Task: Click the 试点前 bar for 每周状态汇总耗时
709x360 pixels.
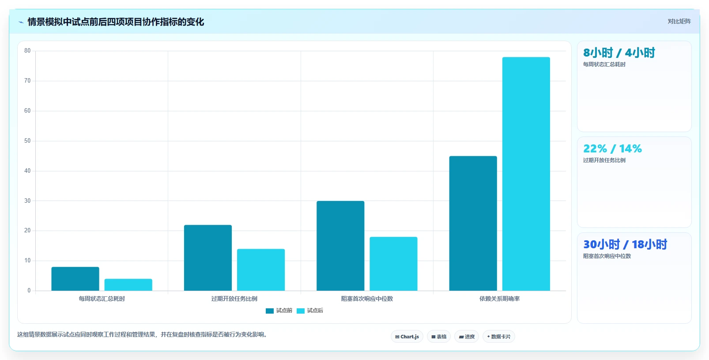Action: click(75, 279)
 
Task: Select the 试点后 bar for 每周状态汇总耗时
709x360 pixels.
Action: click(128, 284)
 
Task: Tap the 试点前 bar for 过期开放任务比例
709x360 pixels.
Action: click(208, 258)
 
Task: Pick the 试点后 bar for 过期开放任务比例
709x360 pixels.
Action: click(261, 270)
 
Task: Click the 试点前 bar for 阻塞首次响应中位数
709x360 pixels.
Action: click(340, 246)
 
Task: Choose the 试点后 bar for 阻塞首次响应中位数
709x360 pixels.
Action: click(393, 264)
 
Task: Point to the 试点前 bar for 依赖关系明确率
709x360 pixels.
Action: click(473, 223)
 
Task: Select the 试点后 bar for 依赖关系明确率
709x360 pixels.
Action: click(526, 174)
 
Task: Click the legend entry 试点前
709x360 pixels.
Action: click(279, 311)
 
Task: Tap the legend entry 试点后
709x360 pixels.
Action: click(310, 311)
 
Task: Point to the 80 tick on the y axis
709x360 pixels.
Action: click(27, 51)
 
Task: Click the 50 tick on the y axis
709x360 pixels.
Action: click(27, 140)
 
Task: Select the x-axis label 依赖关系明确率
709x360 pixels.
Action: click(499, 299)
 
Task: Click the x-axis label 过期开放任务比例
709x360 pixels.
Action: click(234, 299)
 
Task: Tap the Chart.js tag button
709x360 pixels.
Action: click(407, 337)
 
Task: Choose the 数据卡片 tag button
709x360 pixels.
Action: click(499, 337)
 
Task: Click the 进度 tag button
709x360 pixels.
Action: click(467, 337)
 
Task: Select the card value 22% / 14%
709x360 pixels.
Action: click(612, 148)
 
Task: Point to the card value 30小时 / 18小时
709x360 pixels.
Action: click(625, 244)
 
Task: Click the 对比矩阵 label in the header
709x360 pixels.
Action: click(679, 21)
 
